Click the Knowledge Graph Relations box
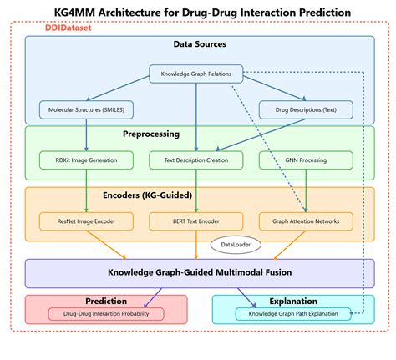click(x=196, y=74)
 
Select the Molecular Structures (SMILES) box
click(x=87, y=109)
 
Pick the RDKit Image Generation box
click(x=87, y=159)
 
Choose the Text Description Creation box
click(x=196, y=159)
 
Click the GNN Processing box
click(x=306, y=159)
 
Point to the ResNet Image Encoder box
click(x=87, y=221)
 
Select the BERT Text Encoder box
click(x=196, y=221)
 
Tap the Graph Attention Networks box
click(x=306, y=221)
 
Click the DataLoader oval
click(x=236, y=245)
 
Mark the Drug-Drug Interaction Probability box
click(x=107, y=314)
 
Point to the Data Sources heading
click(x=199, y=44)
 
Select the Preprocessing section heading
click(x=199, y=133)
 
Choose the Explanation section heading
click(x=293, y=301)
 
